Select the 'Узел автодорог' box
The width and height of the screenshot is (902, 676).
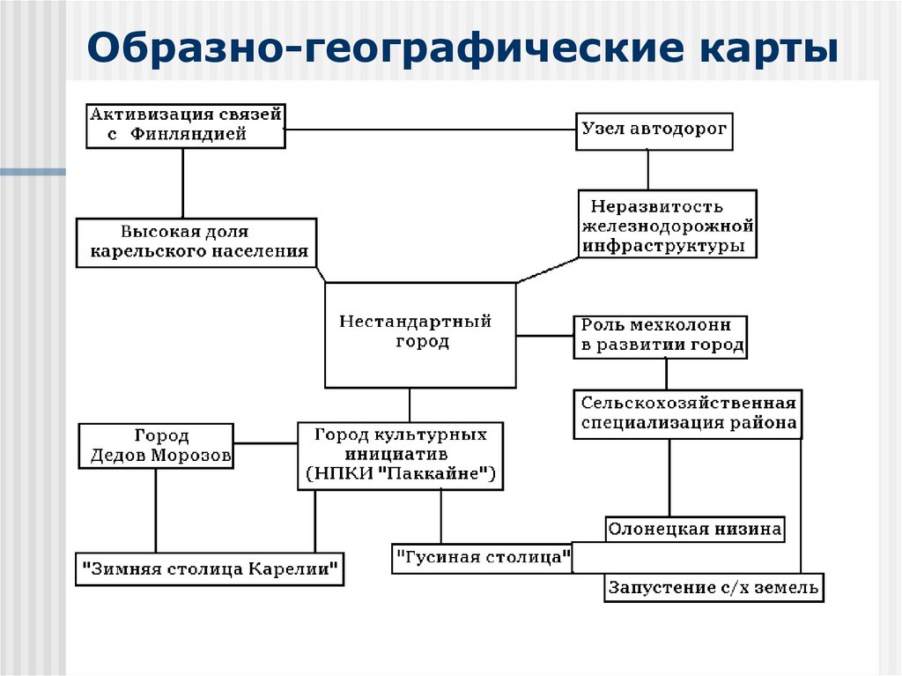[654, 130]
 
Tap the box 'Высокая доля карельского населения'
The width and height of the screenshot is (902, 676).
[196, 241]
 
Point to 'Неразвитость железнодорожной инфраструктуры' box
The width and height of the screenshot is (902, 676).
[667, 225]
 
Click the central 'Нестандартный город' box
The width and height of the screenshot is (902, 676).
[420, 334]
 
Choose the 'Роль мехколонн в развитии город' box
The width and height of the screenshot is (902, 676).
[660, 336]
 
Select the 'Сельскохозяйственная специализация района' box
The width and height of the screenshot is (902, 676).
[688, 412]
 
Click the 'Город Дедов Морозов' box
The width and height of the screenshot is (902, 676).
[157, 445]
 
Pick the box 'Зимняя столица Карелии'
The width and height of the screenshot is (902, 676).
[209, 568]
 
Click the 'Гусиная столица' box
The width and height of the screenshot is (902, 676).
[482, 558]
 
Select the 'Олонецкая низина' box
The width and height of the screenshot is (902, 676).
[695, 529]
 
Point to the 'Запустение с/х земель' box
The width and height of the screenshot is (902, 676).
[713, 587]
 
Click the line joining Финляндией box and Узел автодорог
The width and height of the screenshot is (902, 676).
[432, 130]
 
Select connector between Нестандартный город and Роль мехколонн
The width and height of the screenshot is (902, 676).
[544, 335]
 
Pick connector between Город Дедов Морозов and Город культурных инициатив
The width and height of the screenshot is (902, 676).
[266, 442]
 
